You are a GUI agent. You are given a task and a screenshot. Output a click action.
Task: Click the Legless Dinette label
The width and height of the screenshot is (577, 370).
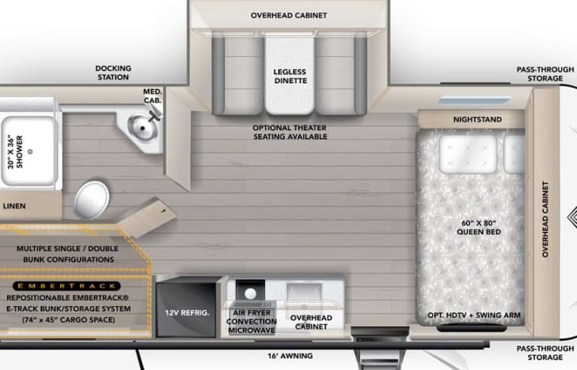290,77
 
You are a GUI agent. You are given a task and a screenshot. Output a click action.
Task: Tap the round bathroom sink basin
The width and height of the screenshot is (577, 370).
142,127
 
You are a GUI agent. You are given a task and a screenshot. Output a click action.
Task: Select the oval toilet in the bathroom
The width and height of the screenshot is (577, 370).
92,200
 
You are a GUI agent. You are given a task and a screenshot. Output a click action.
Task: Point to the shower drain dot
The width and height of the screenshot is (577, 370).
30,151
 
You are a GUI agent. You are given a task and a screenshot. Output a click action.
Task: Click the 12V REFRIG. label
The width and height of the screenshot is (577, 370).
187,312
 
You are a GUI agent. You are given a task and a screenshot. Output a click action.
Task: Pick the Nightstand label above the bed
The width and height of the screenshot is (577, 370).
478,120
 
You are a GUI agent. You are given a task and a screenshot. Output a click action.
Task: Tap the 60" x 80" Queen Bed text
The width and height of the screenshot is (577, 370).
479,227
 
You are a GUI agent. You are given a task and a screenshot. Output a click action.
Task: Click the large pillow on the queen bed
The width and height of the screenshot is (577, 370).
468,154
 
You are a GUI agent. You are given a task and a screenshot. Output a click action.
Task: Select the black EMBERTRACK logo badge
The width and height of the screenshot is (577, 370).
66,286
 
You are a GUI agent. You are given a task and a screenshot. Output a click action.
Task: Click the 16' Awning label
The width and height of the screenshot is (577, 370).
290,356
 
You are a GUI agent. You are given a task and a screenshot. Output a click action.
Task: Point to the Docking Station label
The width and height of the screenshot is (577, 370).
114,73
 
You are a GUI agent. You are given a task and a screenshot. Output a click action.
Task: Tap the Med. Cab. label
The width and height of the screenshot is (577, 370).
152,95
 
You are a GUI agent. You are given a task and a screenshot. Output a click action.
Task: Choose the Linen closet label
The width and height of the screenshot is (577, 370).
14,206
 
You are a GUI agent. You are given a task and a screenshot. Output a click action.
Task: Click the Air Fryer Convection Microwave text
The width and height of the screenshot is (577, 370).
251,321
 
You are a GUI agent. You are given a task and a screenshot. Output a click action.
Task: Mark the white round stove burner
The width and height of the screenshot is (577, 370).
250,293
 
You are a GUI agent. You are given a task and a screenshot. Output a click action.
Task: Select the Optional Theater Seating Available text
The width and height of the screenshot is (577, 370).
290,132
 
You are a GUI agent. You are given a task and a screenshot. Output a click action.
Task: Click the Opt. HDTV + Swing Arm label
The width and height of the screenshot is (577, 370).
474,316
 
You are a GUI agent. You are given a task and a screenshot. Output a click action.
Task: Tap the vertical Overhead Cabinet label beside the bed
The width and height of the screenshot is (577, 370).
545,219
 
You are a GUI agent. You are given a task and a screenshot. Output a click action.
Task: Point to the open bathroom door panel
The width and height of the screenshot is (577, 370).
147,218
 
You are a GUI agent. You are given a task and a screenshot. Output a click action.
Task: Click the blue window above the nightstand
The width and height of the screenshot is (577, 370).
474,100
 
